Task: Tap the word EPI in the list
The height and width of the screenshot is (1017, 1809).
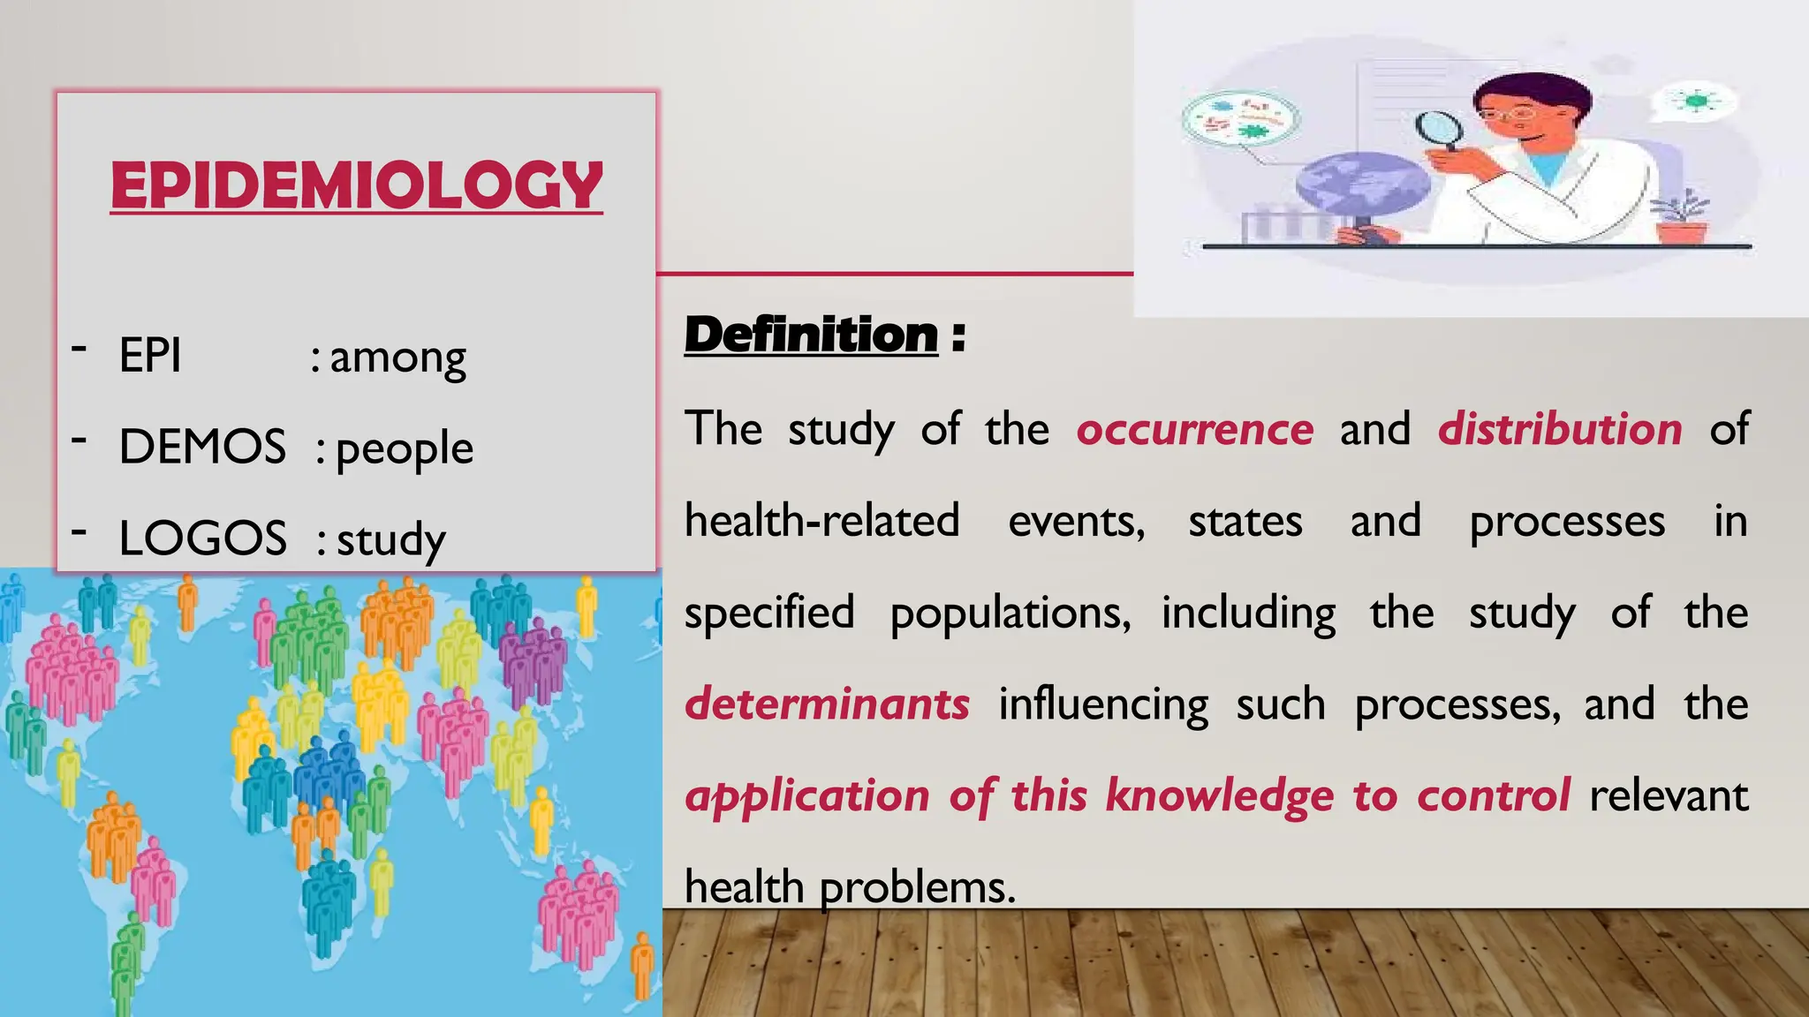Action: click(x=150, y=356)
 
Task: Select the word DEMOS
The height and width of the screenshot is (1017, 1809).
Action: click(x=202, y=447)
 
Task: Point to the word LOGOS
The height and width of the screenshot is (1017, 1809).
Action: click(x=202, y=538)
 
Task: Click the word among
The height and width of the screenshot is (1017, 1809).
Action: click(x=397, y=358)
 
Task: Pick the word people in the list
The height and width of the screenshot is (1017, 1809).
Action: click(x=405, y=449)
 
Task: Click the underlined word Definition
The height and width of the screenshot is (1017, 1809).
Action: click(x=811, y=335)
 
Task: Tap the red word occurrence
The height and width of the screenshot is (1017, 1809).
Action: click(x=1194, y=430)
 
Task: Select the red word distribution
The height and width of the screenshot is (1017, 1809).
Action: click(x=1560, y=430)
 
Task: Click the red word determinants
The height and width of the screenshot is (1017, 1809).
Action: click(x=827, y=704)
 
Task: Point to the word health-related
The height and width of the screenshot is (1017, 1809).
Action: click(x=821, y=521)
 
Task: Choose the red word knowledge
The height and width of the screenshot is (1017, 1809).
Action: click(x=1219, y=795)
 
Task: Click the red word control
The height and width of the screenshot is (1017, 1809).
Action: click(x=1494, y=795)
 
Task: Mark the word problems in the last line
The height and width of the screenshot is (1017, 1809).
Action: click(x=918, y=887)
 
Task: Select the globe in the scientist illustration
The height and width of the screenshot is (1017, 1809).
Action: click(x=1362, y=185)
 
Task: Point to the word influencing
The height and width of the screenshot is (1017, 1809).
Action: click(x=1103, y=704)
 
